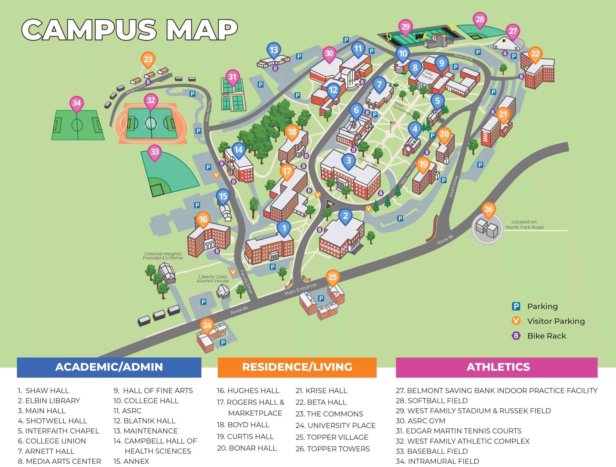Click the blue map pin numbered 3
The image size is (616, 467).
348,161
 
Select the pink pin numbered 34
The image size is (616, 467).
77,103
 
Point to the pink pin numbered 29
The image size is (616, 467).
405,27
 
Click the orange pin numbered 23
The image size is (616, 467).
148,59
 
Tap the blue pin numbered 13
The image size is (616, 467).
274,50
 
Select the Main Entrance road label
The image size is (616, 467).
300,289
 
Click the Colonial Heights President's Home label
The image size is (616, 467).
163,256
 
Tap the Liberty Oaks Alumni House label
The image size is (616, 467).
213,278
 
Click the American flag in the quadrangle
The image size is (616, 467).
393,123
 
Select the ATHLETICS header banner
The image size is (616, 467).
497,367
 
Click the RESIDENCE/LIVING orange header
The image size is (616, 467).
297,367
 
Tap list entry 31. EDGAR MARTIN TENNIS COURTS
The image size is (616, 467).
458,431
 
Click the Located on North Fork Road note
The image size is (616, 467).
524,224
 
